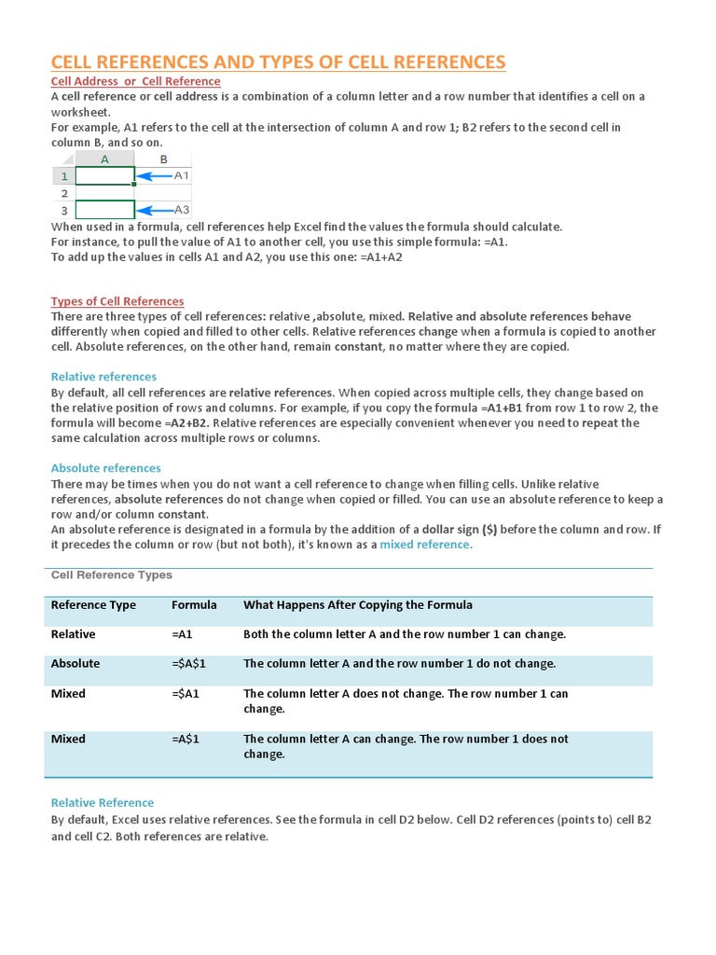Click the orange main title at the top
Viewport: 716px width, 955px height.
point(278,62)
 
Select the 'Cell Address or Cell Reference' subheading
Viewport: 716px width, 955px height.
point(135,81)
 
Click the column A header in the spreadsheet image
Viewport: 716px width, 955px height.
point(104,159)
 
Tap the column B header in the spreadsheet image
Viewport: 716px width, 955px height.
point(164,159)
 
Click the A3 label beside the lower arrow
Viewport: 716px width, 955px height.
point(182,210)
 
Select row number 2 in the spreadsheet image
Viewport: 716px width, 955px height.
point(63,193)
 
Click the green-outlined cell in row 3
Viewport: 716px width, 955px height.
point(104,210)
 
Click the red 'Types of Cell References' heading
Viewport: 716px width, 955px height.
point(117,301)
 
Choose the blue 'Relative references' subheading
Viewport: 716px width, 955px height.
point(103,377)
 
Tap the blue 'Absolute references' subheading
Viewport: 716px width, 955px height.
point(105,468)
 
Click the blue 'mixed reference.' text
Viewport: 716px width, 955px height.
point(426,545)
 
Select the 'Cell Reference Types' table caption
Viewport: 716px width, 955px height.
point(111,575)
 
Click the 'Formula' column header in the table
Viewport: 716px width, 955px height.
point(194,605)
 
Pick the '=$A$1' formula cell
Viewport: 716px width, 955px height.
point(188,664)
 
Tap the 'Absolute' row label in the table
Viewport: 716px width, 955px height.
point(76,664)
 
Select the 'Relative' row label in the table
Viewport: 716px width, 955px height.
point(73,634)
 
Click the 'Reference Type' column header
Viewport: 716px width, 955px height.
point(93,605)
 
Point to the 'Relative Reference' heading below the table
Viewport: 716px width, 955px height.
point(103,803)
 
